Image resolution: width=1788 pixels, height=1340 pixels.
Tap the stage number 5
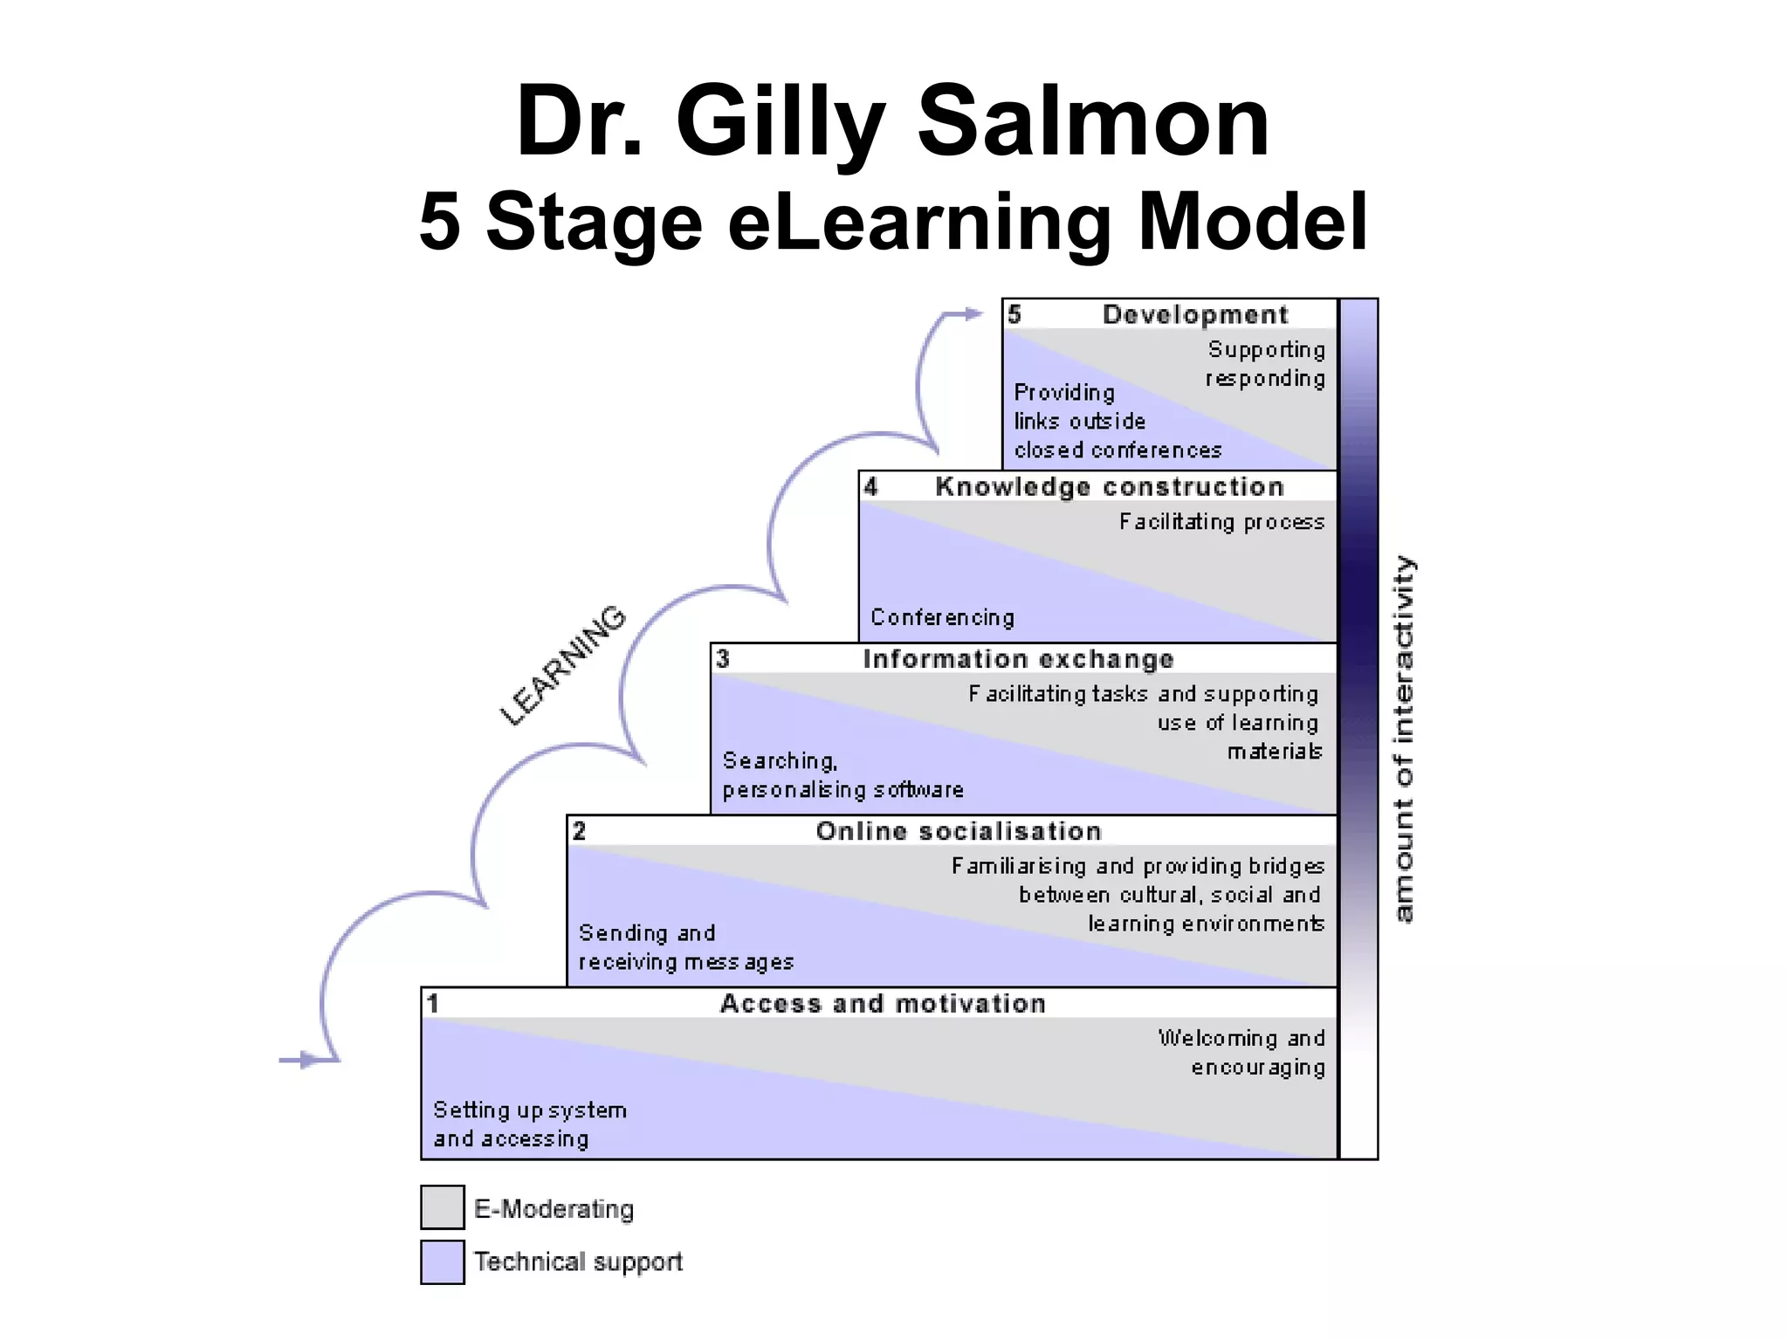point(1014,314)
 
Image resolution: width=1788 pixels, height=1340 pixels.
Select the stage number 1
point(433,1003)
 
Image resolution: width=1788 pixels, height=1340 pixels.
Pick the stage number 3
point(723,658)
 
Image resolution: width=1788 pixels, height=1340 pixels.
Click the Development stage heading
point(1194,314)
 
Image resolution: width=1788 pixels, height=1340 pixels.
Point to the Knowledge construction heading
point(1109,486)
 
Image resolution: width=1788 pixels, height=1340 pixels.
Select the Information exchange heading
point(1018,659)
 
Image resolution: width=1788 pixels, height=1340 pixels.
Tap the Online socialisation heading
point(959,831)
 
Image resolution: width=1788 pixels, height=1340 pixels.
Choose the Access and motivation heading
point(883,1003)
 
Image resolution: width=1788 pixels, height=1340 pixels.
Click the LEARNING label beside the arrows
point(563,665)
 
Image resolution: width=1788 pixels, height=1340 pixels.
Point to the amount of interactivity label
point(1402,739)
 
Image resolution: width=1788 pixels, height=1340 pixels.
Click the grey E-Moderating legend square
point(442,1206)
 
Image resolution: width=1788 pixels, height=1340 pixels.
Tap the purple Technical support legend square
point(442,1261)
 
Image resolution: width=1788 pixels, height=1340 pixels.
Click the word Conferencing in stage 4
point(942,617)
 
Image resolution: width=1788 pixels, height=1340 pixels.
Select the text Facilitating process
point(1221,522)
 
